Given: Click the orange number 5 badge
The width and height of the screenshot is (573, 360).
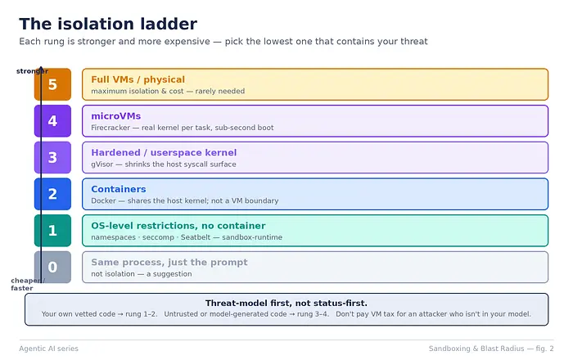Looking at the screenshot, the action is [52, 84].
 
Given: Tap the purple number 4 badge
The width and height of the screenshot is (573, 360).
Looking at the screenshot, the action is [52, 121].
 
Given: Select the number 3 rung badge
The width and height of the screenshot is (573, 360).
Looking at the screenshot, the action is [52, 157].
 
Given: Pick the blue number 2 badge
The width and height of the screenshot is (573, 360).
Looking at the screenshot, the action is [52, 194].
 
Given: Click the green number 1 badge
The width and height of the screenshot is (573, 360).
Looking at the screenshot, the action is [52, 231].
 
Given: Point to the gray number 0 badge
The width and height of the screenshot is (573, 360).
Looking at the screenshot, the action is [52, 267].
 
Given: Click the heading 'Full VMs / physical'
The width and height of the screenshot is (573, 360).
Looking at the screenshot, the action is [138, 79].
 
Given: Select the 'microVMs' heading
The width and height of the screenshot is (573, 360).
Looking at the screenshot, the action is [116, 116].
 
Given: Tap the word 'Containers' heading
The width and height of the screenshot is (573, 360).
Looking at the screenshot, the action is [119, 189].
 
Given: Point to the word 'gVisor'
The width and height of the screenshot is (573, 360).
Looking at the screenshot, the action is [102, 164].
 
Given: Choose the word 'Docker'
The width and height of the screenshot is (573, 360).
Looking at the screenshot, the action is [103, 200].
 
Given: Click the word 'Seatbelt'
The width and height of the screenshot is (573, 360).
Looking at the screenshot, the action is [196, 237].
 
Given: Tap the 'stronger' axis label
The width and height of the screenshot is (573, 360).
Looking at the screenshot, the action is [32, 71].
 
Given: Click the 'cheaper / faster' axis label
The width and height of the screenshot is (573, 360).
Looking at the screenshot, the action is [28, 284].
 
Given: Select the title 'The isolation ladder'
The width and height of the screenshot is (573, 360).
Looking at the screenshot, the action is [108, 24].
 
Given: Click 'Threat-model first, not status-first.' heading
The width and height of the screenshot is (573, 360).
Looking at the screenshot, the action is [286, 303].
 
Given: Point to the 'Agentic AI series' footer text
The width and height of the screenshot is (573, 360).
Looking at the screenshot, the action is [48, 349].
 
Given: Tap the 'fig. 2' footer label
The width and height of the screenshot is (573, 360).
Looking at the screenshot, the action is [544, 349].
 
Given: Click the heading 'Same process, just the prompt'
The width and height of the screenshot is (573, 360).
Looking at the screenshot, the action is [169, 262].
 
